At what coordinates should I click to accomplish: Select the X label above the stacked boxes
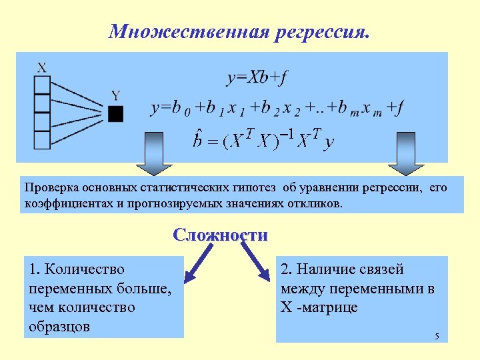tap(42, 67)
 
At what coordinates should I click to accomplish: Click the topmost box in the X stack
tap(42, 85)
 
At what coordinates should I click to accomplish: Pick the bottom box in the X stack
tap(42, 141)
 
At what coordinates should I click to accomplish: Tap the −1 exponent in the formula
tap(286, 135)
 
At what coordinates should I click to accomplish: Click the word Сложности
tap(220, 235)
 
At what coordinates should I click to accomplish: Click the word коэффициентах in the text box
tap(66, 203)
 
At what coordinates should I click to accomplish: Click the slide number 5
tap(437, 335)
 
